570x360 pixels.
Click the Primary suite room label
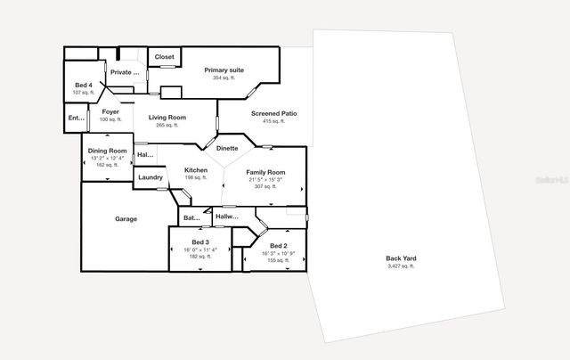pos(224,70)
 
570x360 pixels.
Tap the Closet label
pos(165,57)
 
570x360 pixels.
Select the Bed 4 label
pos(83,85)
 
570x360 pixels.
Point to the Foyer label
pos(110,111)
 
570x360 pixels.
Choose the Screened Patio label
pos(273,114)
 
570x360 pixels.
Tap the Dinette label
pos(227,148)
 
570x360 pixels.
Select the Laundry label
pos(151,177)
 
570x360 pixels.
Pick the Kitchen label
pos(196,169)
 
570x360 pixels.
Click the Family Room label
pos(265,171)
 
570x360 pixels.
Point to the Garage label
pos(126,218)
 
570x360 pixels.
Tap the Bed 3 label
pos(200,241)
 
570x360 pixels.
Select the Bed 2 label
pos(278,245)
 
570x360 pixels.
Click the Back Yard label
pos(401,258)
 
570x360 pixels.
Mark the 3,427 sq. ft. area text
pos(401,266)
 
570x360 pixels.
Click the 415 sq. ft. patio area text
pos(273,122)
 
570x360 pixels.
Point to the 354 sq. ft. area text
pos(224,78)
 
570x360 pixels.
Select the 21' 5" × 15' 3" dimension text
pos(265,179)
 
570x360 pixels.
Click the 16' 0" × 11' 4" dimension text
pos(200,250)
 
